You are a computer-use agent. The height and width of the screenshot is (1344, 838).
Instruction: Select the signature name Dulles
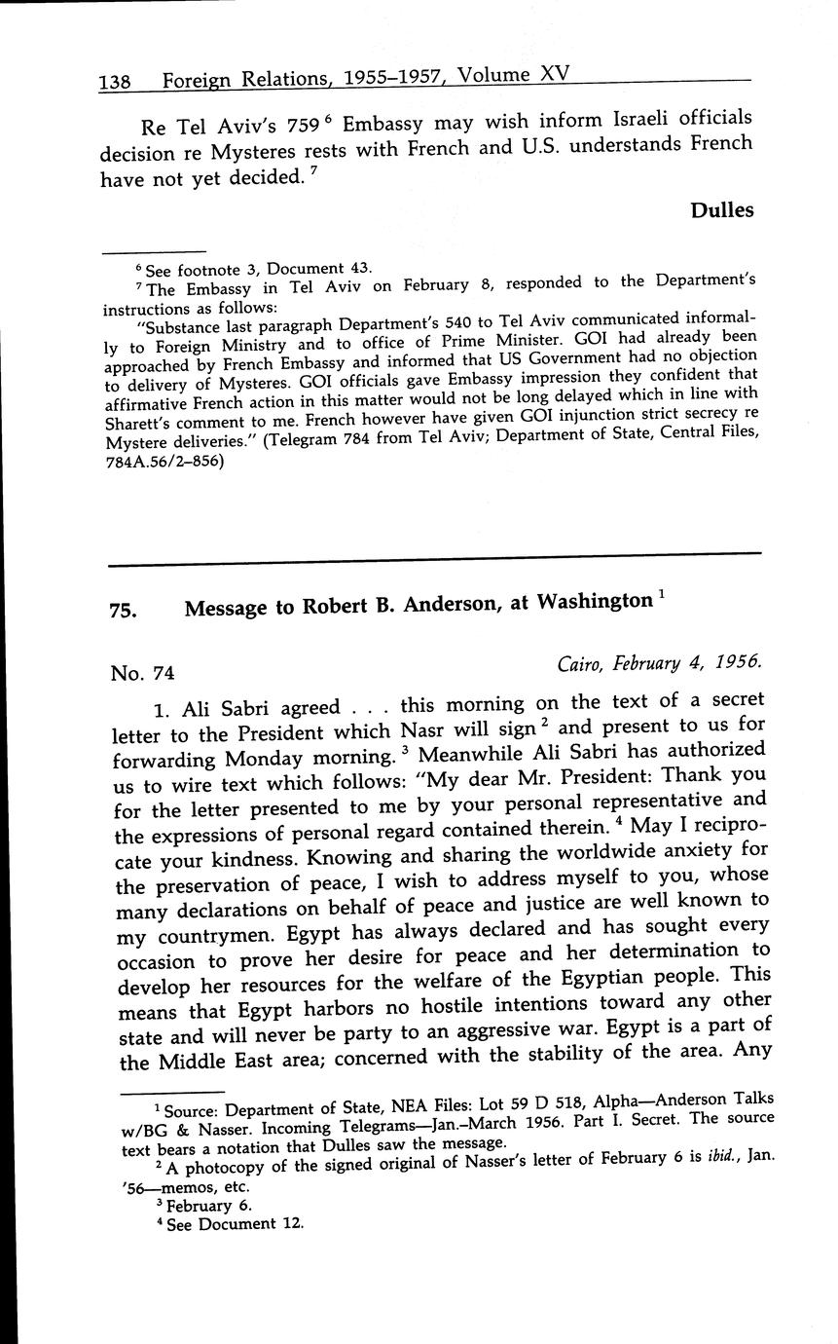[x=721, y=210]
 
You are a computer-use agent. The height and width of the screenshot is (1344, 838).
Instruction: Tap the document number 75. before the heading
[x=123, y=611]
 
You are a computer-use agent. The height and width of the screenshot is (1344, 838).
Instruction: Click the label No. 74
[x=142, y=673]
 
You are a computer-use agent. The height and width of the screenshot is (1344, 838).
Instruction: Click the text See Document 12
[x=236, y=1224]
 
